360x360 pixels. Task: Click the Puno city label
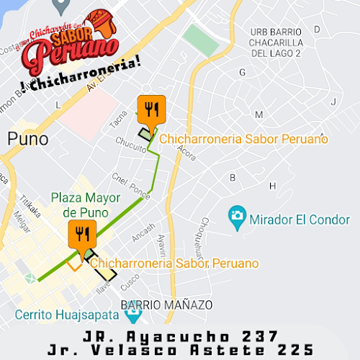coord(27,138)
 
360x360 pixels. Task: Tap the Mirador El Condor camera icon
coord(236,215)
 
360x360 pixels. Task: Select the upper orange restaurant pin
coord(151,109)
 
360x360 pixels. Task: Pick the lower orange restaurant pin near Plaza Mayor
coord(81,234)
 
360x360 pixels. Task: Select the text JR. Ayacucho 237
coord(180,336)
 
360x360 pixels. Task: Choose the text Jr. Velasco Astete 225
coord(180,350)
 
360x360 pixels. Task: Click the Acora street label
coord(186,150)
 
